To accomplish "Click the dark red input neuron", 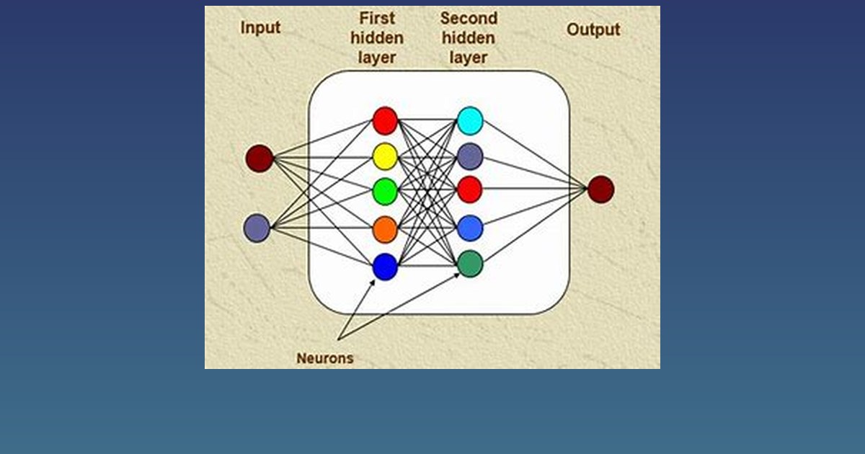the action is (x=259, y=159).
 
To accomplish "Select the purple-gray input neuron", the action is (x=257, y=228).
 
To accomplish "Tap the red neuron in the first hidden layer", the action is (x=385, y=121).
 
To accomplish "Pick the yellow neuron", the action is (x=385, y=156).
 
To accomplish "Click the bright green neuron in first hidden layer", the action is (x=385, y=191).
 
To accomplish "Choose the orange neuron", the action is (x=385, y=230).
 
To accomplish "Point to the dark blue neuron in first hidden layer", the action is (x=385, y=267).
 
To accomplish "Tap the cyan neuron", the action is (x=470, y=121).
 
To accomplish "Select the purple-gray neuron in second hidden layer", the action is (x=470, y=156).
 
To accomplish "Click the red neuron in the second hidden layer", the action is (x=470, y=190).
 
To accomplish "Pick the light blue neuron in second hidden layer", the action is (x=470, y=228).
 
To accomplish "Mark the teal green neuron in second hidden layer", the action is (x=470, y=264).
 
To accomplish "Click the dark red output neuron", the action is (x=601, y=189).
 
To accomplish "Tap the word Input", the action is (x=260, y=28).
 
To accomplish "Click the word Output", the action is (x=593, y=30).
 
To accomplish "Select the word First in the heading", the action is (x=377, y=18).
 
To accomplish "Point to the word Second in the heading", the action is (x=469, y=18).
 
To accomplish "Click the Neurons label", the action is (x=325, y=358).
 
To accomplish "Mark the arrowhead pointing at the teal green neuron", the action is (x=457, y=275).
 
